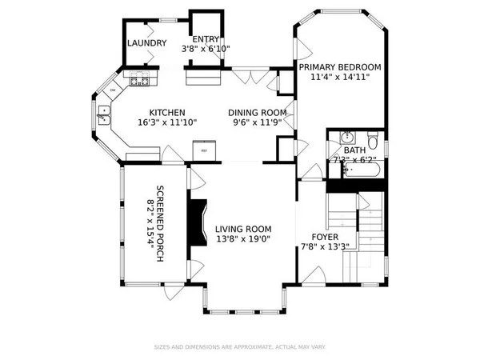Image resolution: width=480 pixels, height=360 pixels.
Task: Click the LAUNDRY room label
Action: (147, 44)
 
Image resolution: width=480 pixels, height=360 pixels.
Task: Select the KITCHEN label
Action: (167, 113)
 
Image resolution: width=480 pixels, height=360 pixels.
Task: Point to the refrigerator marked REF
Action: (204, 149)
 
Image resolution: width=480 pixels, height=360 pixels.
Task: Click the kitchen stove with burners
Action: (137, 79)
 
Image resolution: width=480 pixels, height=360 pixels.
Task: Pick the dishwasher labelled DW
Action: (113, 90)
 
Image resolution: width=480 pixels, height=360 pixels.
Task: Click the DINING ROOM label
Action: (257, 113)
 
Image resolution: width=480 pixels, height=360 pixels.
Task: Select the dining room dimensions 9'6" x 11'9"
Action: (257, 122)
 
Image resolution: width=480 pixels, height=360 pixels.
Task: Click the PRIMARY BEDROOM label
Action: (340, 67)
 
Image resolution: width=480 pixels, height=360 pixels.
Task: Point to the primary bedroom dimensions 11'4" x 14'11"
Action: (340, 78)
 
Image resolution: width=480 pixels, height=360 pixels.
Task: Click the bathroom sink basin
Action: (346, 137)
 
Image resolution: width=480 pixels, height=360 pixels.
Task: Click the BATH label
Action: (354, 150)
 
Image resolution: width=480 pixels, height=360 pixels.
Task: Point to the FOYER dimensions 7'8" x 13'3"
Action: (324, 247)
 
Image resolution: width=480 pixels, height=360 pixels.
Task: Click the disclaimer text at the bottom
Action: (239, 347)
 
